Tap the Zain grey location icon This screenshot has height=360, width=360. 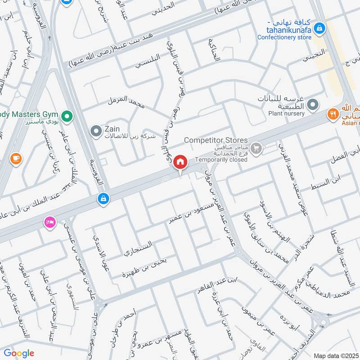pos(96,131)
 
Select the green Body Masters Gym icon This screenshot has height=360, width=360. pos(67,117)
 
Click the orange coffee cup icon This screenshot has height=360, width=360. pos(16,158)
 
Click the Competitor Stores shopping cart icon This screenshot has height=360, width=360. pos(256,147)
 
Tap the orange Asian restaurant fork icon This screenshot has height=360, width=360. pos(333,114)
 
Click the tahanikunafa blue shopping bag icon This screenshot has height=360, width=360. pos(319,28)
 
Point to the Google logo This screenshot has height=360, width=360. pos(19,353)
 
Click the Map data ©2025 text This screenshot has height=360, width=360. pos(336,355)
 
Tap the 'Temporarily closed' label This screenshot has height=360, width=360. pos(221,160)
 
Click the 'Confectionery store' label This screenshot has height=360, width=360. pos(284,37)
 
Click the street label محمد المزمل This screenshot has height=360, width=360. pos(126,103)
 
